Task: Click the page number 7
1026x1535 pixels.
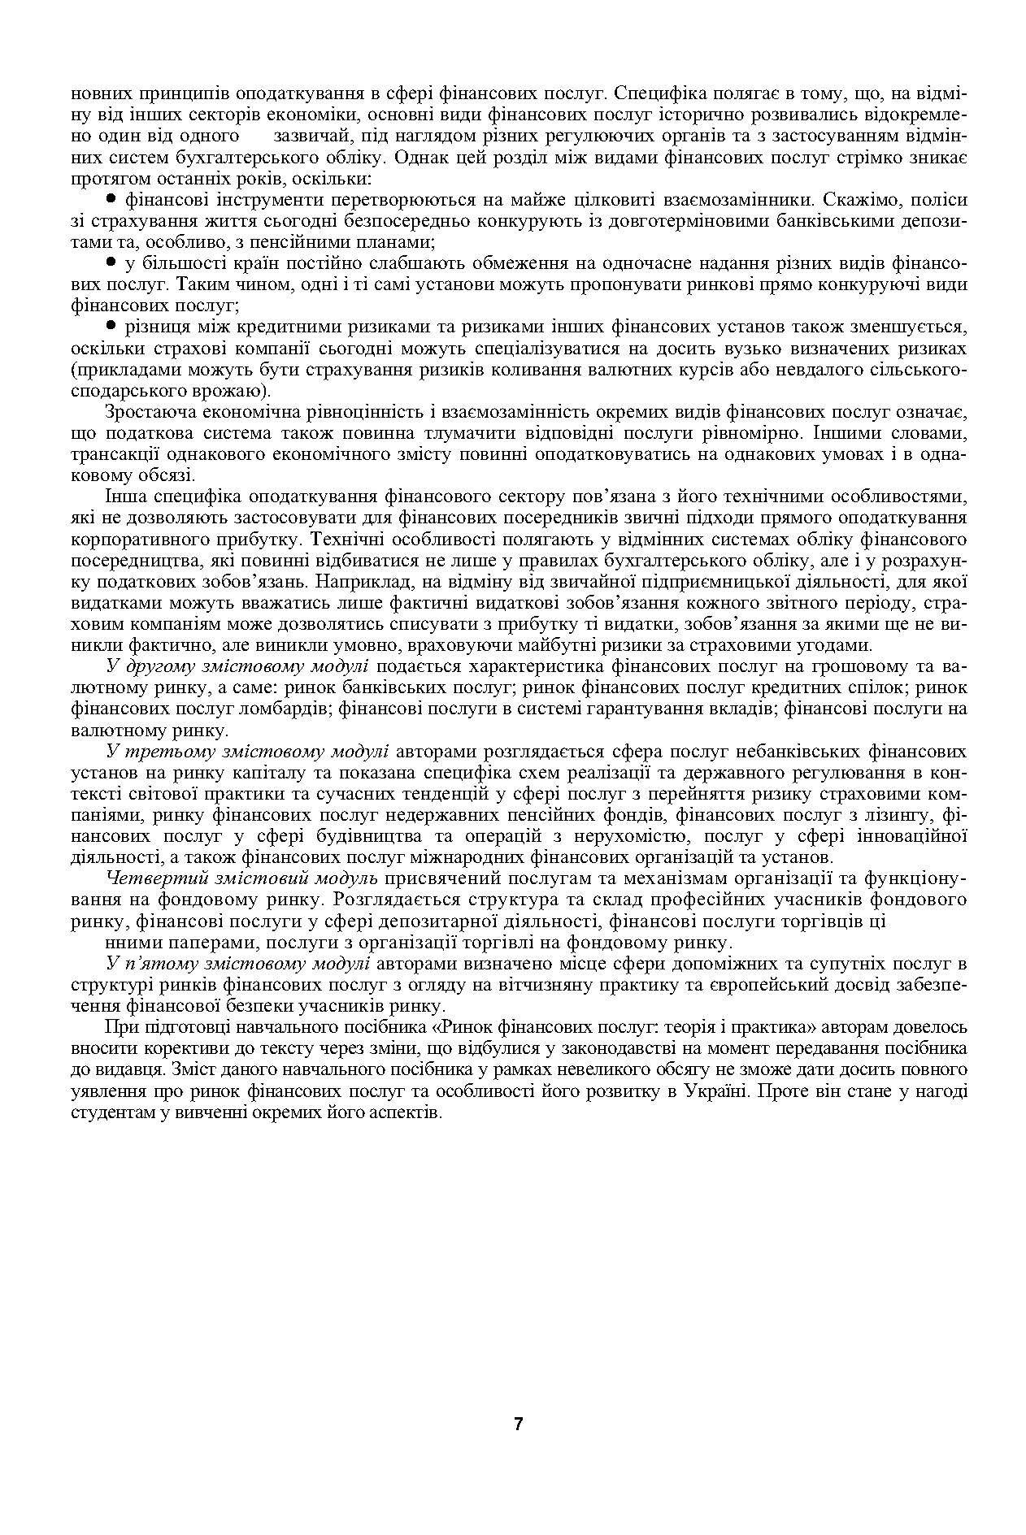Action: point(519,1424)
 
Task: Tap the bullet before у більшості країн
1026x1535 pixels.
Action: point(111,262)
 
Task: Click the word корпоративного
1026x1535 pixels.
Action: point(141,539)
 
